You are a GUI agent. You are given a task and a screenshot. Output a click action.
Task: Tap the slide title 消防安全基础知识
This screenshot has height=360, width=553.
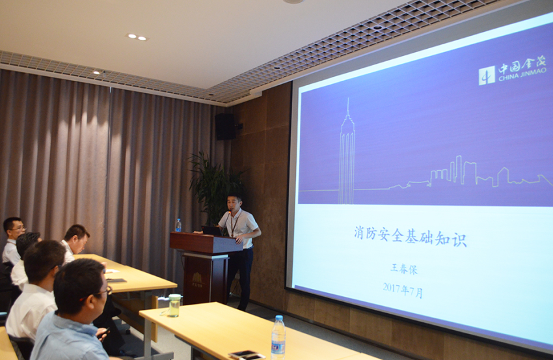(x=410, y=237)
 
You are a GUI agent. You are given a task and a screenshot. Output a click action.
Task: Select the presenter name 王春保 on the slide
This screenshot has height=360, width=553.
(x=404, y=269)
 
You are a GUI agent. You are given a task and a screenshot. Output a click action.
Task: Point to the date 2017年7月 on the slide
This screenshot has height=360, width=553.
(x=403, y=290)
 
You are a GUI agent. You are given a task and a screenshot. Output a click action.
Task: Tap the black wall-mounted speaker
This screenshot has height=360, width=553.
(x=225, y=126)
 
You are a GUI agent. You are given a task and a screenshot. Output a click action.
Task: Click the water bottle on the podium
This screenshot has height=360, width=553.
(x=178, y=225)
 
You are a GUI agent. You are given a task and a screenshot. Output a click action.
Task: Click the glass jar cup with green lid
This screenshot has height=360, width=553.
(x=174, y=305)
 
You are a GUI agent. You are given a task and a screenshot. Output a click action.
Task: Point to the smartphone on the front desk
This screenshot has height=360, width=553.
(x=247, y=354)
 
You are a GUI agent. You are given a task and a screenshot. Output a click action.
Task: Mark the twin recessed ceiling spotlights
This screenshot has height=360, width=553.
(x=137, y=36)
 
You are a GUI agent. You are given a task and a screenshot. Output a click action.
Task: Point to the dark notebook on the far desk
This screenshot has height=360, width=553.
(x=116, y=281)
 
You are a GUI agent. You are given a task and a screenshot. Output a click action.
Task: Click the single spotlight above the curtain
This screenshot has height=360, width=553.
(x=97, y=72)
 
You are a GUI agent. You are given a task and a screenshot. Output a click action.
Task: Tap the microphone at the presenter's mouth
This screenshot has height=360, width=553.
(x=229, y=212)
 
